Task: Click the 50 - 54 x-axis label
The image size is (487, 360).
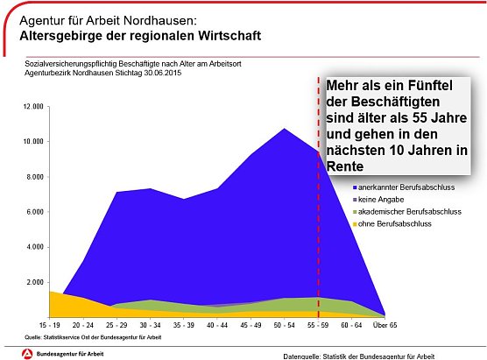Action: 283,324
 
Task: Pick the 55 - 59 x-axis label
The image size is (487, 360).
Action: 317,324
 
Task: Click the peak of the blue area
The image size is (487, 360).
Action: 283,130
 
